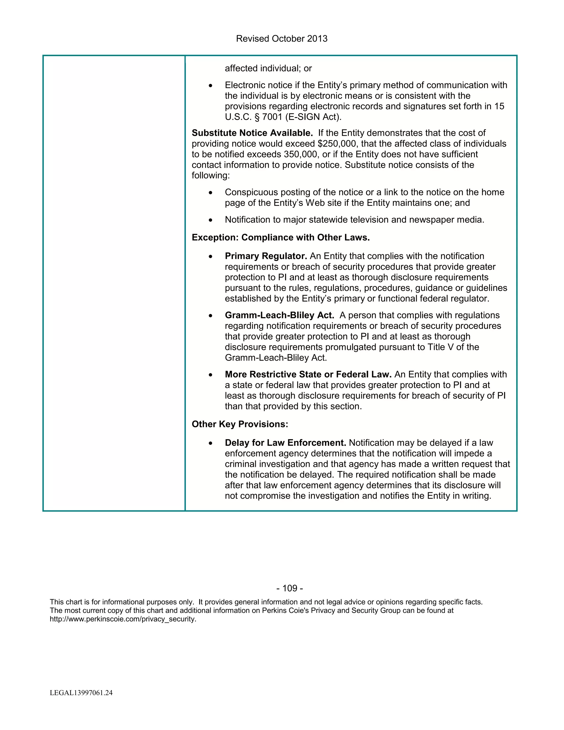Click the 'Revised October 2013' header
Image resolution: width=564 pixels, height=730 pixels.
(x=282, y=39)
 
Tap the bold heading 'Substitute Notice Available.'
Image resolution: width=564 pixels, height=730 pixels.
(x=252, y=133)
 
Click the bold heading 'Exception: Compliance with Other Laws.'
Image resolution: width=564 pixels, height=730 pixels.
(x=281, y=238)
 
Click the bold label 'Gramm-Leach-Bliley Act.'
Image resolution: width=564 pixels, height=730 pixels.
(x=279, y=315)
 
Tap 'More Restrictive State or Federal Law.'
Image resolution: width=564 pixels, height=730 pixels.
(x=308, y=374)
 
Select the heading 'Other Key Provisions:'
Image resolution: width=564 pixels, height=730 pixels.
(x=240, y=424)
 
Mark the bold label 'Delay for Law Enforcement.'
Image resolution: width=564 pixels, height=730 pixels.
(x=285, y=443)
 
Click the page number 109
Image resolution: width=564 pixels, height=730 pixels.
(x=290, y=588)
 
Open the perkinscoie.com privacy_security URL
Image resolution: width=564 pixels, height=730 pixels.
(x=123, y=619)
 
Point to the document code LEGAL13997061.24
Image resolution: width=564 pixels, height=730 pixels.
(x=81, y=693)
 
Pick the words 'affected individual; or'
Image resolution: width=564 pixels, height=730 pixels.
(x=268, y=69)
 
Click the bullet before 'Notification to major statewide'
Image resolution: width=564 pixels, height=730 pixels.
(x=210, y=221)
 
